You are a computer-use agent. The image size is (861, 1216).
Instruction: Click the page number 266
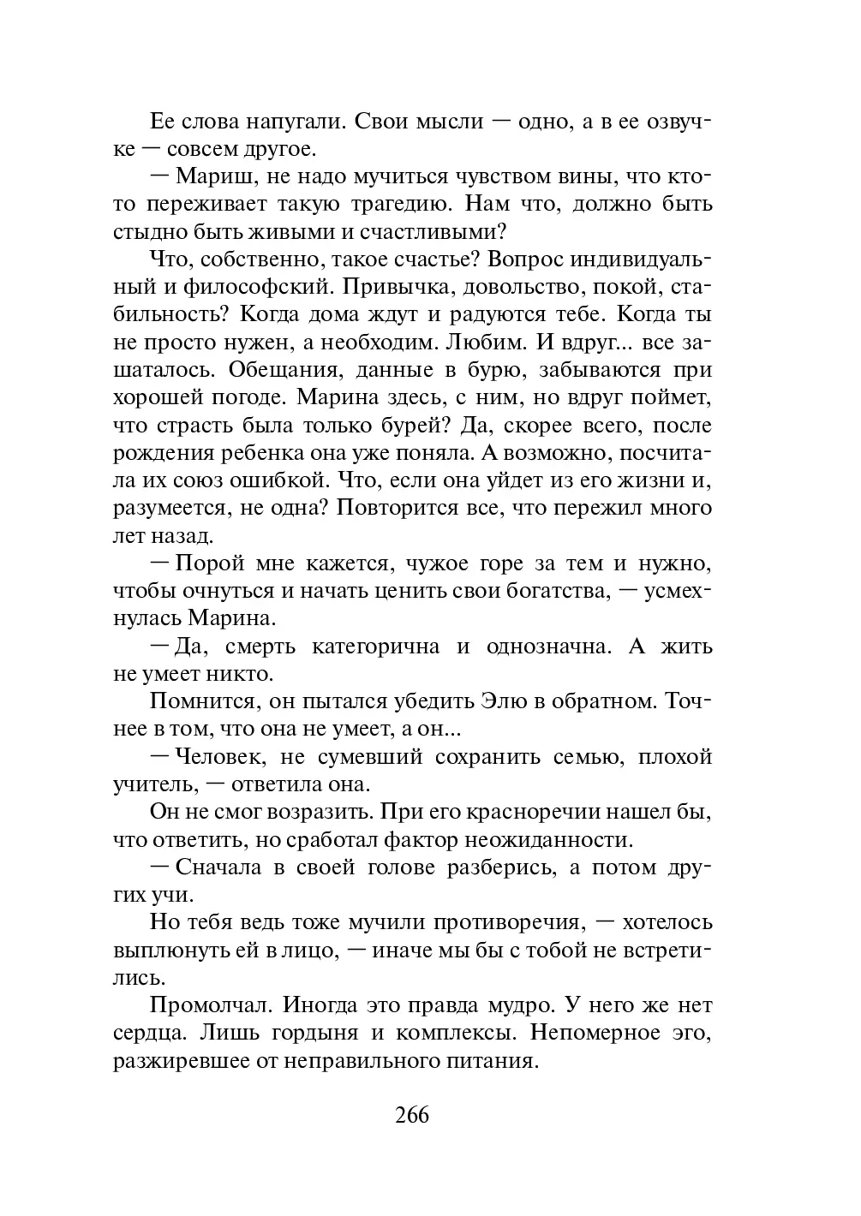coord(412,1116)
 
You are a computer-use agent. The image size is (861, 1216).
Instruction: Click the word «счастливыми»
coord(442,232)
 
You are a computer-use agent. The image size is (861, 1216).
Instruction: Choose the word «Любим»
coord(483,343)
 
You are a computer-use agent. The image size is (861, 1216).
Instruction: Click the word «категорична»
coord(375,647)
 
